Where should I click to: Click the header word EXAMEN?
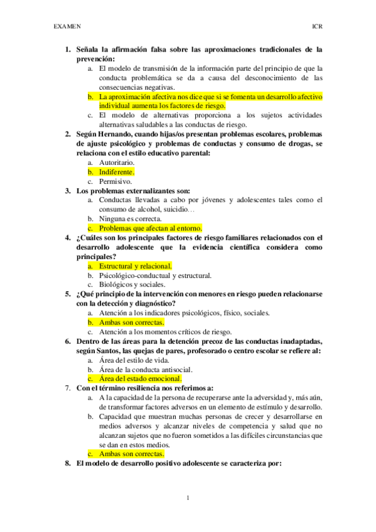coord(67,28)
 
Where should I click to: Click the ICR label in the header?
coord(318,28)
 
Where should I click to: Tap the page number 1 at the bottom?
coord(188,498)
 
